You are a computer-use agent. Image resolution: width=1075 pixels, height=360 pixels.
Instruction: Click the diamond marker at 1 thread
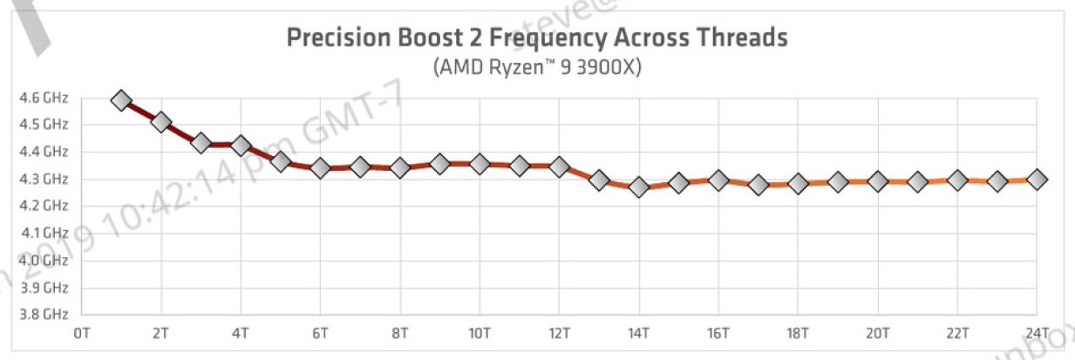click(121, 100)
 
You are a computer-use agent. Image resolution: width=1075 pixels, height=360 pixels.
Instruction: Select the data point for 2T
click(161, 122)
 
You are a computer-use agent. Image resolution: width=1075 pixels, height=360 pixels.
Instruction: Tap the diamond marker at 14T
click(639, 187)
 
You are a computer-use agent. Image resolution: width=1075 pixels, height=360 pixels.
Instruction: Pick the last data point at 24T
click(1037, 179)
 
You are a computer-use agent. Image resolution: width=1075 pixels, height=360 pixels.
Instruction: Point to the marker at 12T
click(560, 166)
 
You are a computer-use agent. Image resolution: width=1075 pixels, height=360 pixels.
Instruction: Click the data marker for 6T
click(320, 167)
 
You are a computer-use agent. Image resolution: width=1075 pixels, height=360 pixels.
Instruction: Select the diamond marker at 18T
click(798, 184)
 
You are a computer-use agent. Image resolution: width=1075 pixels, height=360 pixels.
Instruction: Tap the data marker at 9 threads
click(440, 164)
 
